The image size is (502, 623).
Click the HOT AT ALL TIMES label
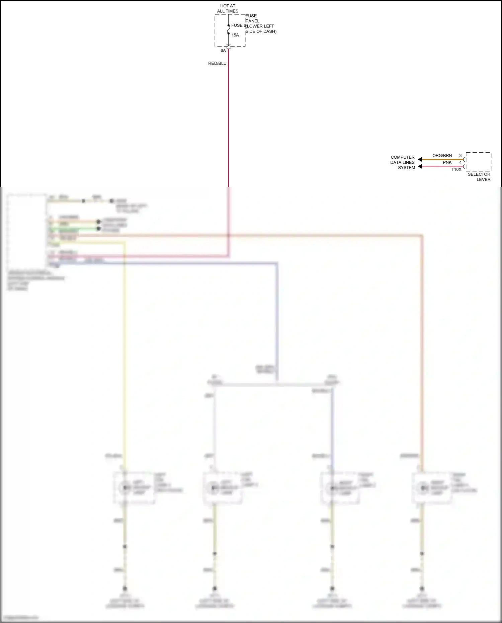pyautogui.click(x=228, y=8)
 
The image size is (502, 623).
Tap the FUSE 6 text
pyautogui.click(x=238, y=25)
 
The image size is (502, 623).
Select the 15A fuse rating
pyautogui.click(x=235, y=35)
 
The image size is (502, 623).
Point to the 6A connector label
pyautogui.click(x=223, y=51)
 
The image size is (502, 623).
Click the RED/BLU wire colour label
pyautogui.click(x=217, y=63)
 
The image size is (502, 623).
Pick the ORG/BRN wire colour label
pyautogui.click(x=442, y=156)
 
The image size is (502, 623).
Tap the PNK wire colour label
pyautogui.click(x=447, y=162)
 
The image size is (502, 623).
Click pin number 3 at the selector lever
pyautogui.click(x=460, y=156)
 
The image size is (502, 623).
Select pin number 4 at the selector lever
pyautogui.click(x=460, y=162)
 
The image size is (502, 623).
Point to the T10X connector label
pyautogui.click(x=456, y=169)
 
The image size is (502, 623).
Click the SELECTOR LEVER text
pyautogui.click(x=479, y=177)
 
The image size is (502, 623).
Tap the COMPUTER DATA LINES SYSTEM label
pyautogui.click(x=403, y=162)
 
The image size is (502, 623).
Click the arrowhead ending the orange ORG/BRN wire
pyautogui.click(x=420, y=159)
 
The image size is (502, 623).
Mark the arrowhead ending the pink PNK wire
pyautogui.click(x=420, y=166)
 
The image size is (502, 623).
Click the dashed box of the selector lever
pyautogui.click(x=478, y=162)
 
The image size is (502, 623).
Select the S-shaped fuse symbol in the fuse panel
pyautogui.click(x=229, y=29)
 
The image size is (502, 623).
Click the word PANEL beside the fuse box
pyautogui.click(x=252, y=21)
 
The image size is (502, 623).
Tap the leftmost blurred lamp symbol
pyautogui.click(x=125, y=487)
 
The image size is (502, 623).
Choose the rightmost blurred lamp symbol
pyautogui.click(x=423, y=488)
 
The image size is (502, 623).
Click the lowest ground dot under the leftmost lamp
pyautogui.click(x=125, y=588)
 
